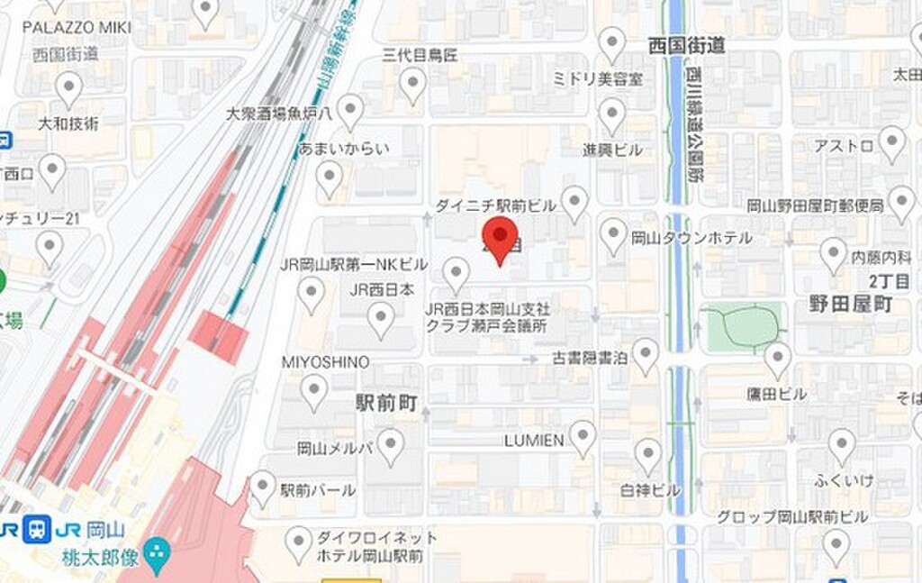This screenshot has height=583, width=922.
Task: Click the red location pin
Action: [x=499, y=236]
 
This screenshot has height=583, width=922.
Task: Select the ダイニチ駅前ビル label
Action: [x=495, y=205]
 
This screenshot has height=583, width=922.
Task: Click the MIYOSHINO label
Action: [x=325, y=361]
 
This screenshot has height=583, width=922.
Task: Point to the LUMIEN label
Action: [x=534, y=441]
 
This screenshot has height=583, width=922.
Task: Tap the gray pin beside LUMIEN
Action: [x=583, y=437]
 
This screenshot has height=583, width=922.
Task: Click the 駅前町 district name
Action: [x=386, y=404]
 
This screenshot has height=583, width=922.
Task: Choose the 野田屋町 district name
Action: [x=849, y=305]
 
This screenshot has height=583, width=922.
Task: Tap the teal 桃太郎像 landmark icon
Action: [x=158, y=549]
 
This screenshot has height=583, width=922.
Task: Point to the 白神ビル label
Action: [x=650, y=490]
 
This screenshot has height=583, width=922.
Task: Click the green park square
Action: [x=741, y=327]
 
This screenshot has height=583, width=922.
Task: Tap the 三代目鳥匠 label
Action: [x=420, y=55]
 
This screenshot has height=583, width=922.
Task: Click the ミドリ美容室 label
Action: [x=598, y=78]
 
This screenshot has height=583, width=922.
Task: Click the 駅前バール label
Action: [x=317, y=490]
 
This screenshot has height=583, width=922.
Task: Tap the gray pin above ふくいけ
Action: [x=842, y=445]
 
